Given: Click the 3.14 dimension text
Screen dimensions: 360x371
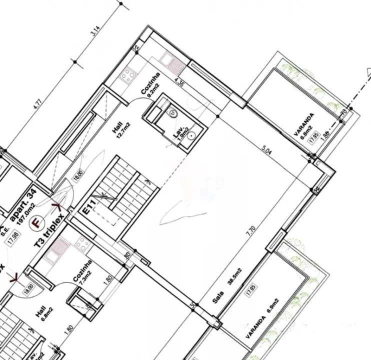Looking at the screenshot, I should point(93,33).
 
